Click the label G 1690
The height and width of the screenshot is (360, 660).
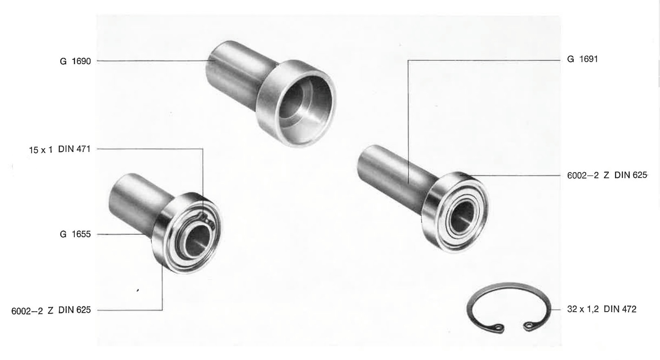coord(76,61)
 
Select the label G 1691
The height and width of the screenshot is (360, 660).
coord(582,59)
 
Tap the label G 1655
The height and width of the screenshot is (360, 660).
coord(76,234)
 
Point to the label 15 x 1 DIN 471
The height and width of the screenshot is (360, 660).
coord(60,150)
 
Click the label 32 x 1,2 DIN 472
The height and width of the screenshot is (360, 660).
coord(602,309)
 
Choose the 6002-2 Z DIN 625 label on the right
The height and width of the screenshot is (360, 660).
coord(607,176)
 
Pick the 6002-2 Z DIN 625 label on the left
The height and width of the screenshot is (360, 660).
coord(51,310)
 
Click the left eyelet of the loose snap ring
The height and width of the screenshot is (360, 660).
coord(498,327)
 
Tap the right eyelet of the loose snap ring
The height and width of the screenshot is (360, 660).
coord(530,326)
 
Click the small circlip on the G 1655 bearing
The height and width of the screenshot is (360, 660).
coord(206,219)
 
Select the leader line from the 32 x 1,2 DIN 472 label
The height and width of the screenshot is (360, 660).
coord(555,310)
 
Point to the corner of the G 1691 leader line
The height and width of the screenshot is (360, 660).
coord(408,61)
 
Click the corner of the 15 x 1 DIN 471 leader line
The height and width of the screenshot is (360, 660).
coord(203,149)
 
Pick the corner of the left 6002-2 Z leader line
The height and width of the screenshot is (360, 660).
coord(162,310)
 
